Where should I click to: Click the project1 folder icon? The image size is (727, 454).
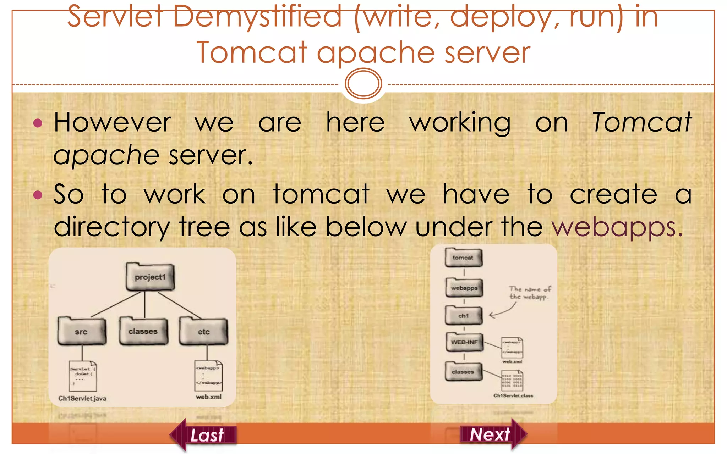[150, 277]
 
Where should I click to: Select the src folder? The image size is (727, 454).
[82, 331]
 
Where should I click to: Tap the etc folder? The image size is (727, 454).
[203, 331]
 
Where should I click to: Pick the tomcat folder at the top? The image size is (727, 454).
[463, 258]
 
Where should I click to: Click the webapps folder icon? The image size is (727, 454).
[464, 288]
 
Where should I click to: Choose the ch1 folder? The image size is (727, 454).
[463, 315]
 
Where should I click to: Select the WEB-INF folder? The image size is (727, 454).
[464, 342]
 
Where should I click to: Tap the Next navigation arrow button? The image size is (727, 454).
[493, 434]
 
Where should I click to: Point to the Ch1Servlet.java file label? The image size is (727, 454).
[82, 398]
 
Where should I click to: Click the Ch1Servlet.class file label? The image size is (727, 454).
[513, 395]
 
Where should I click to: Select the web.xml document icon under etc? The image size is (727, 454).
[209, 375]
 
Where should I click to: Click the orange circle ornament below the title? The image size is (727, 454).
[363, 84]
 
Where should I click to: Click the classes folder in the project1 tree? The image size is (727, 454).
[143, 331]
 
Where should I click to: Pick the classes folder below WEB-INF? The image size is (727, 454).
[463, 372]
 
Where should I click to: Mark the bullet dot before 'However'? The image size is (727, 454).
[38, 123]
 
